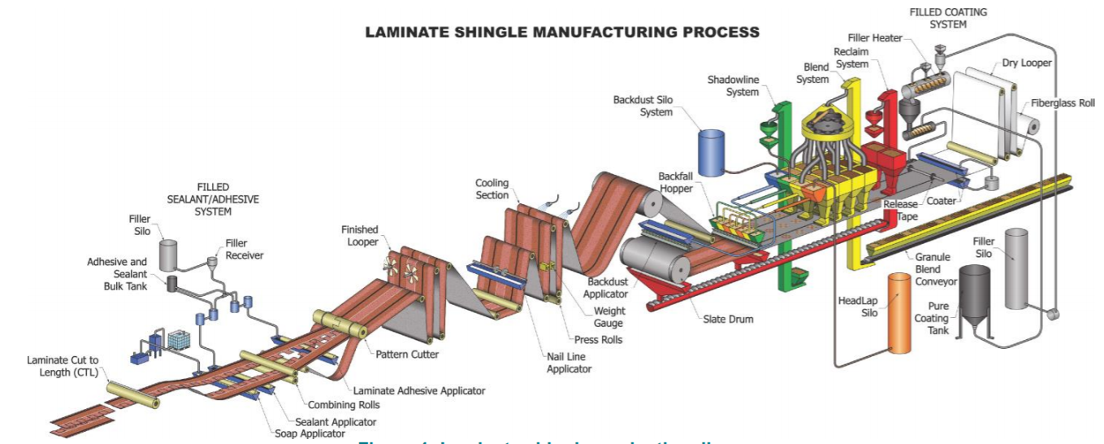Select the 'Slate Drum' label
pos(728,319)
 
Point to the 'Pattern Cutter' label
pos(407,355)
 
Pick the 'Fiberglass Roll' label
pos(1063,103)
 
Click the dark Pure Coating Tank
pos(974,300)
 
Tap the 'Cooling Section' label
pos(492,189)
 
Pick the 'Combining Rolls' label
pos(344,404)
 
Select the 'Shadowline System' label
pos(732,86)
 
